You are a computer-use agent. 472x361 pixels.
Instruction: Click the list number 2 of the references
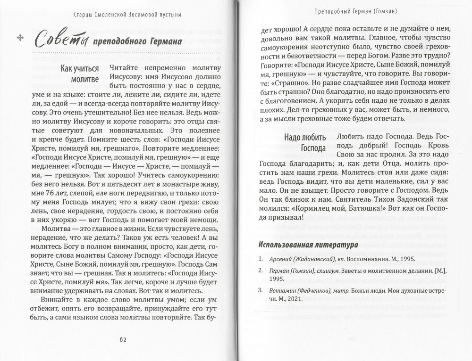click(x=261, y=270)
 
